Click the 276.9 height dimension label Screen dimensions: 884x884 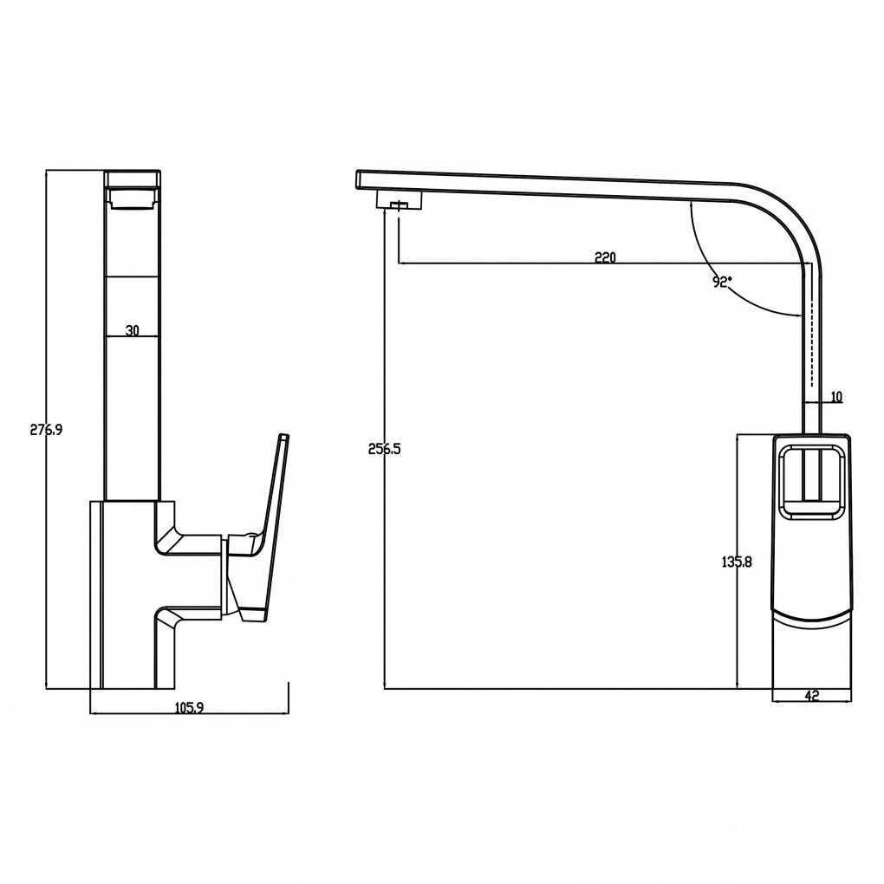[46, 430]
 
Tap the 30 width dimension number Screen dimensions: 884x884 [132, 330]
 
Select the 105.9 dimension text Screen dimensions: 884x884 [189, 707]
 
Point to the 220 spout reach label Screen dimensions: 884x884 [606, 257]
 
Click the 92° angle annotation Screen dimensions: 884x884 [722, 282]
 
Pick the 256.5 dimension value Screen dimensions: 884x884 [385, 449]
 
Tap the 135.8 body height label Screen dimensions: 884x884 [737, 562]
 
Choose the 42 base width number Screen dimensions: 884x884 [811, 696]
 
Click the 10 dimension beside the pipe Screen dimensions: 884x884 [836, 397]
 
